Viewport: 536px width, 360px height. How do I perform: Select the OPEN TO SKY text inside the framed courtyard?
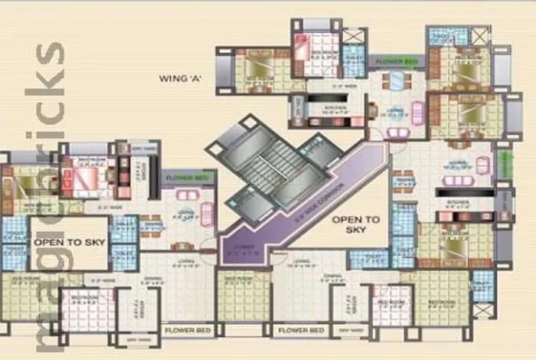pyautogui.click(x=68, y=243)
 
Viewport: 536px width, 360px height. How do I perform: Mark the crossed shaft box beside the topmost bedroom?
pyautogui.click(x=353, y=35)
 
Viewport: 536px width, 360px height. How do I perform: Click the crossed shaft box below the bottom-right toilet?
pyautogui.click(x=482, y=310)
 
